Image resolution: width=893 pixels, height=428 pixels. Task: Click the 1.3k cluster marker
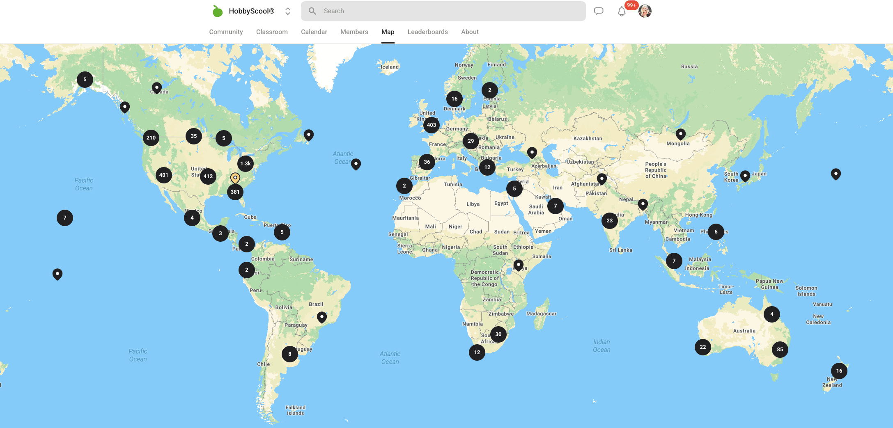coord(246,164)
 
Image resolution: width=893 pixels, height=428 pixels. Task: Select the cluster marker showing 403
coord(431,125)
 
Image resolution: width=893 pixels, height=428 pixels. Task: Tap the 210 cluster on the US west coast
coord(151,138)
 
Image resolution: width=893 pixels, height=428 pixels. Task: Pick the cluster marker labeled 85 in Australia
coord(780,350)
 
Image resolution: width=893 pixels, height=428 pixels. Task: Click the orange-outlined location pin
coord(235,178)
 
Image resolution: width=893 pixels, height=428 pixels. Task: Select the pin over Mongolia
coord(680,134)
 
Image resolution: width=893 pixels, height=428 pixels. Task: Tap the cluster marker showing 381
coord(235,192)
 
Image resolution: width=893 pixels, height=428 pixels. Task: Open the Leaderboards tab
coord(427,32)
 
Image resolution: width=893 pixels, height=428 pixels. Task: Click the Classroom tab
coord(272,32)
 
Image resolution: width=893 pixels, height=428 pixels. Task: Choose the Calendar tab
coord(314,32)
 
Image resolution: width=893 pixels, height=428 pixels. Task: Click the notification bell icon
coord(622,11)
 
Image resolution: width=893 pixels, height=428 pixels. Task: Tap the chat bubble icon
coord(599,11)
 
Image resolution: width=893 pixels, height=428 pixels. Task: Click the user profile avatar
coord(645,11)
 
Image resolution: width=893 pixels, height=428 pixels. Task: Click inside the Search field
coord(443,11)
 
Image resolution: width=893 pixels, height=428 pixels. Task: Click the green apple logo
coord(217,11)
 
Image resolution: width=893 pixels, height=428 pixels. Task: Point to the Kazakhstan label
coord(588,139)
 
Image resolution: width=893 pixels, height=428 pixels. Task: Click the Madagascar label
coord(541,314)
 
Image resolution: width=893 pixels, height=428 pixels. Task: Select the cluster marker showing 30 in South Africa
coord(498,334)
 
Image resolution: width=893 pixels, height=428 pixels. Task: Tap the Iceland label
coord(390,67)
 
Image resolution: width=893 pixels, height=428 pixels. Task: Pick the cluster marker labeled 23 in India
coord(609,221)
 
